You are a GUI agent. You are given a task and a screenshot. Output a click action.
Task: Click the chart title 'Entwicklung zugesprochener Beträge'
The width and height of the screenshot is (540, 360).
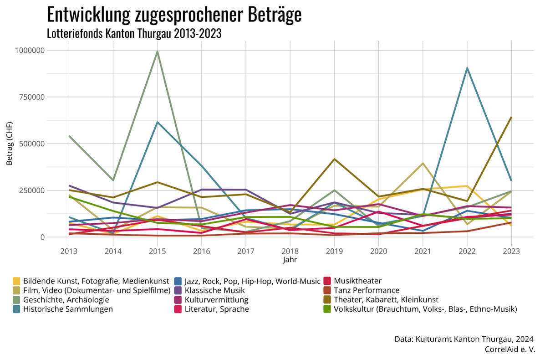174,15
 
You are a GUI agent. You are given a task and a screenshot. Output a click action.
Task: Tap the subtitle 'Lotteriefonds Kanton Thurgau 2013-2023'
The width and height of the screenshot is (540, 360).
134,33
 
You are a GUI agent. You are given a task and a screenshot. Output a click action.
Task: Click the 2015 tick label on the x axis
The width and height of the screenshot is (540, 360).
157,251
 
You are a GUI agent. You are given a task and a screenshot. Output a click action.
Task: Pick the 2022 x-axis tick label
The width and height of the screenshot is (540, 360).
467,251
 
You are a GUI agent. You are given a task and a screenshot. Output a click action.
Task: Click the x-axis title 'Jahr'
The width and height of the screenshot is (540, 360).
290,260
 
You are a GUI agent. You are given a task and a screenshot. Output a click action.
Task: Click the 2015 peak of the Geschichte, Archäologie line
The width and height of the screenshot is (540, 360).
157,51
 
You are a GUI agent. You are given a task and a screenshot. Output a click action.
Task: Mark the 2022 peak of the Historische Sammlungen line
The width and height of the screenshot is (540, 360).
467,68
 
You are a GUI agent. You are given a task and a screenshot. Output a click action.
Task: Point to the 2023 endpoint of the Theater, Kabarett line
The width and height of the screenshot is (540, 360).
511,118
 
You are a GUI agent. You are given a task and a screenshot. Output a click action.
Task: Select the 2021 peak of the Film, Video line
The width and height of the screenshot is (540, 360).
423,163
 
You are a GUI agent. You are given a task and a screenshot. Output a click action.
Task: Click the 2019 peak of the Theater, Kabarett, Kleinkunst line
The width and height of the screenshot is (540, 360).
334,159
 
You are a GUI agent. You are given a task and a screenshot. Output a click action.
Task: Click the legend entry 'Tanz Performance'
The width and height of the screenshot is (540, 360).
367,290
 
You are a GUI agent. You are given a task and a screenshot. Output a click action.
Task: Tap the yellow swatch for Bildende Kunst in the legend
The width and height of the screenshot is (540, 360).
16,281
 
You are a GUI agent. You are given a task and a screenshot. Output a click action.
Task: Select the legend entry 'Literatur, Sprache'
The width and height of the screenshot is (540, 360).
217,309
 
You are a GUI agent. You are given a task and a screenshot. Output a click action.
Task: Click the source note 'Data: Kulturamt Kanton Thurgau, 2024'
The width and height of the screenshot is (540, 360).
464,339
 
